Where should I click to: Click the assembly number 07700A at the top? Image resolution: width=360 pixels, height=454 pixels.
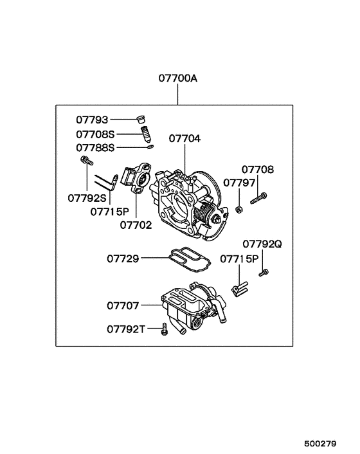point(178,79)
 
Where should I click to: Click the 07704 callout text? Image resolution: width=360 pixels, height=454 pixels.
point(185,138)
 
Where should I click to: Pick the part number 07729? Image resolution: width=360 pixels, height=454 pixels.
point(123,259)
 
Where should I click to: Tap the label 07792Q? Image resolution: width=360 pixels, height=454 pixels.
point(262,244)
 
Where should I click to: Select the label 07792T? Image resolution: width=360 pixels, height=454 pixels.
point(125,329)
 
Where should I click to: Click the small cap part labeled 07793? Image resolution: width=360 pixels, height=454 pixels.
point(141,118)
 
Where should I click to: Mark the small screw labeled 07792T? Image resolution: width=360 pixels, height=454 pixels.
point(165,329)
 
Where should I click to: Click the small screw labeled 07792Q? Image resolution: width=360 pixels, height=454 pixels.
point(263,273)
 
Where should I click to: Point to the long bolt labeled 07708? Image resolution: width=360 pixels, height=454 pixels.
point(257,199)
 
